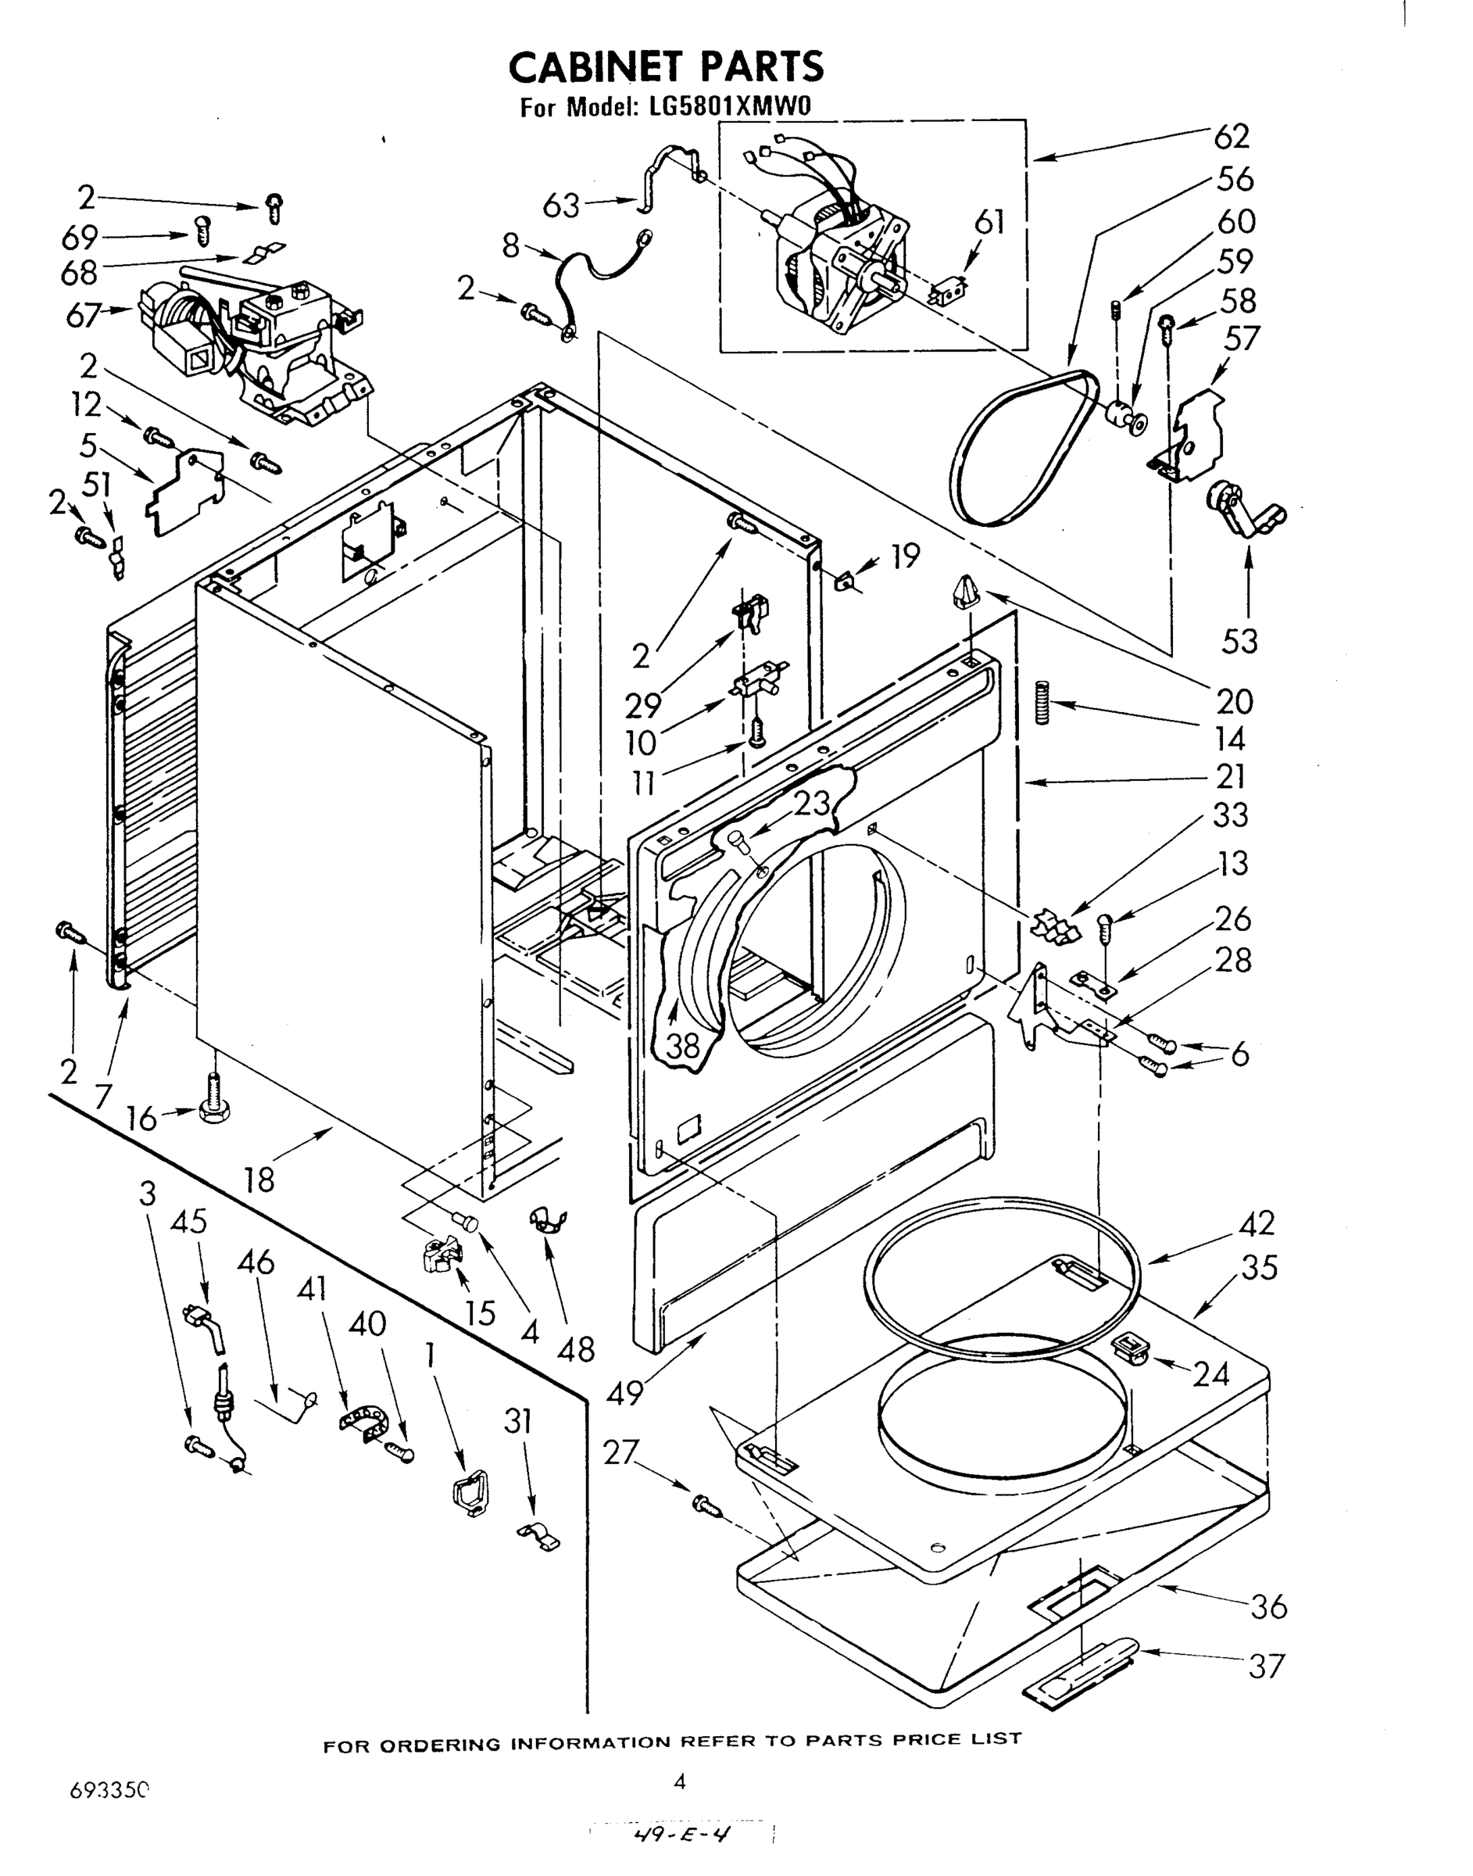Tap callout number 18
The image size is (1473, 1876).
click(259, 1178)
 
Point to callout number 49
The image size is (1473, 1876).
click(625, 1391)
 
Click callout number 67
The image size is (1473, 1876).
click(84, 316)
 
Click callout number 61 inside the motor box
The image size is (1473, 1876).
click(989, 223)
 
